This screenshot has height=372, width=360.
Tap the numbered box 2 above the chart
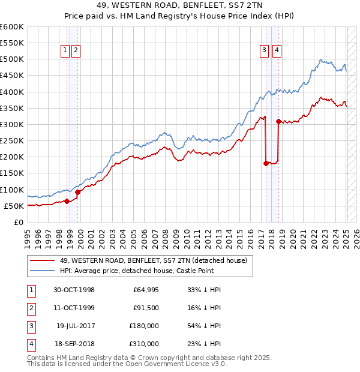coord(76,51)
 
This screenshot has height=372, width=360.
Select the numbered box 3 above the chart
coord(264,51)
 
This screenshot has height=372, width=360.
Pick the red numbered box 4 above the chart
coord(276,51)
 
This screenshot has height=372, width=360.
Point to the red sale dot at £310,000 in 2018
coord(278,121)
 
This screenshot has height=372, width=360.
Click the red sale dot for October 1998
coord(67,201)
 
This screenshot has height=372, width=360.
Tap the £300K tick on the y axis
coord(12,124)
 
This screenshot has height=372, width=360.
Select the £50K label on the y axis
coord(14,206)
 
